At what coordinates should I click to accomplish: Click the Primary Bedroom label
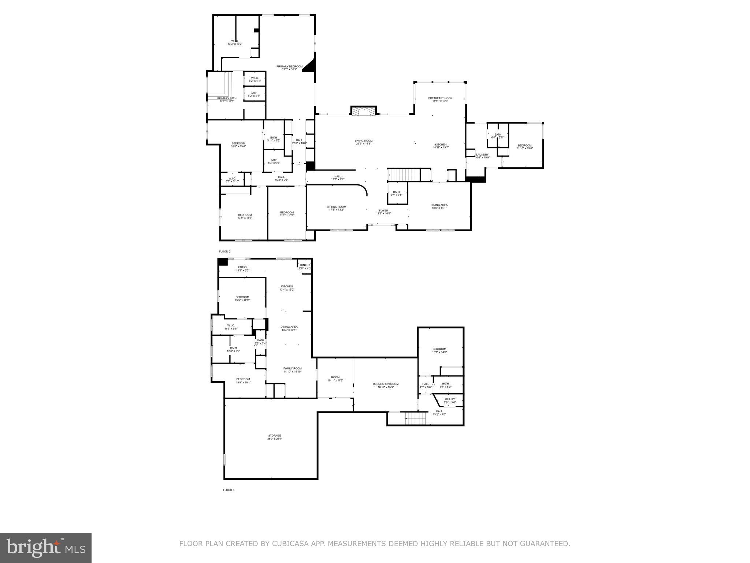click(289, 67)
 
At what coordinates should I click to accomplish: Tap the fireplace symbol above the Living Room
click(364, 111)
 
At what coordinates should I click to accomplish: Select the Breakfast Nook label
click(440, 98)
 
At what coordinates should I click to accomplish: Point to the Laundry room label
click(482, 155)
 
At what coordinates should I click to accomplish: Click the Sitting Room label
click(336, 207)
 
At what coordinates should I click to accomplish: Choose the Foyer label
click(383, 211)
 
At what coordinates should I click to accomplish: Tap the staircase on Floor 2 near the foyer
click(404, 175)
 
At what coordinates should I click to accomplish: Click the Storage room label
click(275, 435)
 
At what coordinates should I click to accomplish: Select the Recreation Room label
click(386, 384)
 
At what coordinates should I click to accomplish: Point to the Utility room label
click(450, 399)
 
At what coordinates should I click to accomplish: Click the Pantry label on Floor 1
click(305, 265)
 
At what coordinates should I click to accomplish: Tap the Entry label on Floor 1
click(242, 267)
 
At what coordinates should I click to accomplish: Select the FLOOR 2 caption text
click(225, 251)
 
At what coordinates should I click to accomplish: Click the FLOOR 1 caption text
click(229, 490)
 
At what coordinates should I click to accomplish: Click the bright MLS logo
click(46, 548)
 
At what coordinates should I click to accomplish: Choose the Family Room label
click(292, 368)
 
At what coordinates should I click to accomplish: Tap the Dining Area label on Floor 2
click(439, 205)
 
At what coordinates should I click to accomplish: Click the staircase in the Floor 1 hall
click(416, 417)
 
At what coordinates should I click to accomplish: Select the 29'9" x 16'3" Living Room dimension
click(363, 144)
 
